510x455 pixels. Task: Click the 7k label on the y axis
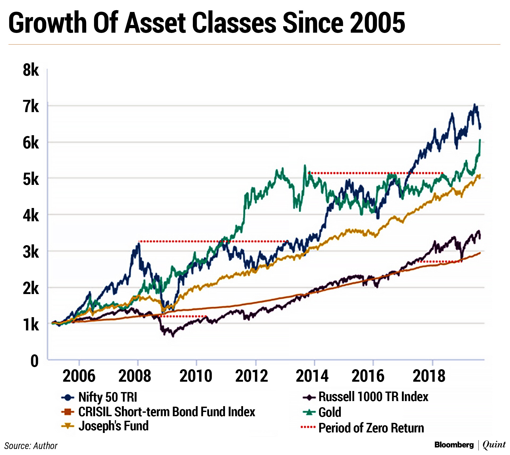(31, 107)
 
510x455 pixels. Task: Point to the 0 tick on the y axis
(35, 361)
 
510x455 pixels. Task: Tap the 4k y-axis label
(31, 216)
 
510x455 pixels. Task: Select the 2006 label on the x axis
(79, 376)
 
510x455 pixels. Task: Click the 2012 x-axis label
(252, 376)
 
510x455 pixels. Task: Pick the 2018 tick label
(429, 376)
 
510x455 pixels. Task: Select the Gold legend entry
(330, 413)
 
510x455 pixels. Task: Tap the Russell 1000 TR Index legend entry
(373, 397)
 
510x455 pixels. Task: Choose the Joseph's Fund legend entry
(113, 426)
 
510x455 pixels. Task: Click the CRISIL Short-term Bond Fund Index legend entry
(167, 412)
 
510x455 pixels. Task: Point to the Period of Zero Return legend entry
(371, 428)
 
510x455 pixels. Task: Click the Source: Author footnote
(31, 446)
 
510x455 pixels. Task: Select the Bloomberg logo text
(454, 445)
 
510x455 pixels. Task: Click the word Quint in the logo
(494, 445)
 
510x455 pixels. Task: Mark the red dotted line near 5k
(376, 173)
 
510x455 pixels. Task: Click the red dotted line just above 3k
(212, 241)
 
